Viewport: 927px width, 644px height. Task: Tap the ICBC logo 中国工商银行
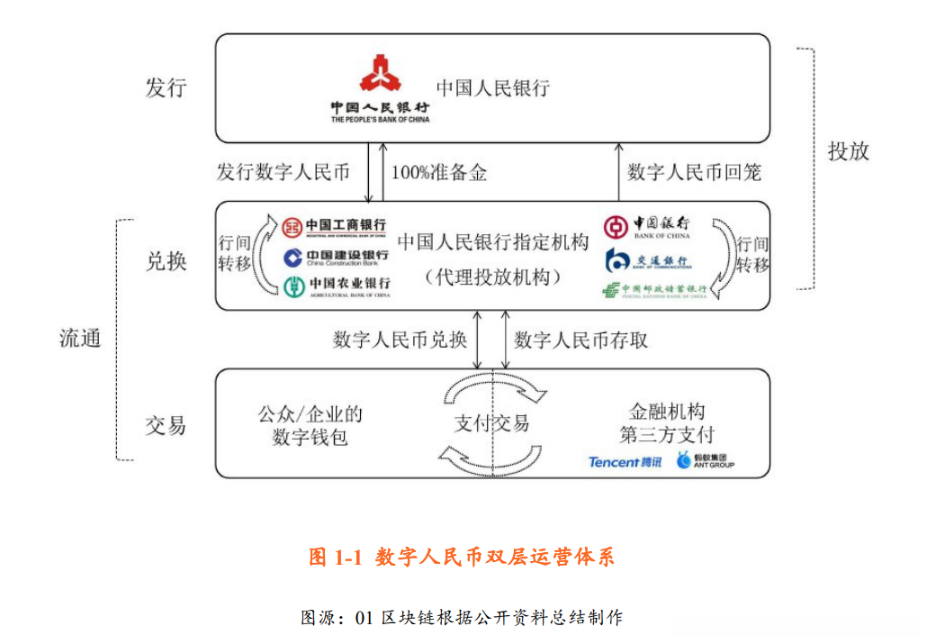click(x=333, y=227)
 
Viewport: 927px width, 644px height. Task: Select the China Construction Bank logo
click(x=336, y=259)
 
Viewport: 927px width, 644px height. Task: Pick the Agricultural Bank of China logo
click(x=337, y=287)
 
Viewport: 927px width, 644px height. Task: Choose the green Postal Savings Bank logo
click(x=654, y=290)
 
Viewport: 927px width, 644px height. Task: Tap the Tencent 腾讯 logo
click(x=625, y=462)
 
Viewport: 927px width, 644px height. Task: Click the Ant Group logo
click(x=706, y=461)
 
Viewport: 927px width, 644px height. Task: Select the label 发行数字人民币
click(x=283, y=172)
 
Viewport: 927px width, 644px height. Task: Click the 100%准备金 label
click(x=438, y=173)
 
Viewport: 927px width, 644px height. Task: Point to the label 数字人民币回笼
click(x=694, y=172)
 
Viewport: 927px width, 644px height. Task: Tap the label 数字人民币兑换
click(x=400, y=340)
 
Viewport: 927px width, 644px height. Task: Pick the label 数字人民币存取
click(x=580, y=340)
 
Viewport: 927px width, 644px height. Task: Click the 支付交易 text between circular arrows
click(x=491, y=423)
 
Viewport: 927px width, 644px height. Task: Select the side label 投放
click(x=848, y=150)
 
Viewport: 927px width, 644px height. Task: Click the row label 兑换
click(x=166, y=260)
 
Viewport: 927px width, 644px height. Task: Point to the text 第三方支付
click(x=667, y=435)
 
